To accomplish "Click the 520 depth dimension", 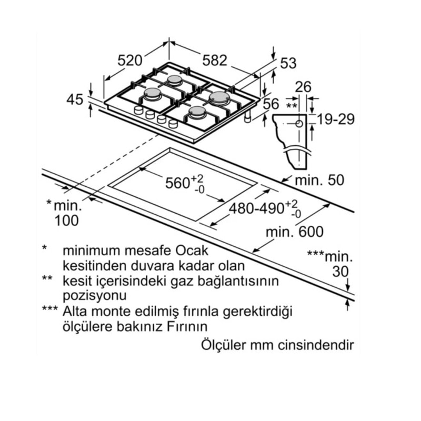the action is coord(130,61).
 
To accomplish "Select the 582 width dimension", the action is coord(215,61).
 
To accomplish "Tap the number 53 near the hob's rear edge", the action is coord(288,63).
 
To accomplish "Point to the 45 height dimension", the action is coord(75,99).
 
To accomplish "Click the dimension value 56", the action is coord(271,104).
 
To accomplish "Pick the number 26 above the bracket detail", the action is coord(304,87).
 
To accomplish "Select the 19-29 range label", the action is coord(336,119).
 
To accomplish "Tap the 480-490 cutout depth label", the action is coord(256,208).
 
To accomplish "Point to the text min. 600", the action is coord(295,232).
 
